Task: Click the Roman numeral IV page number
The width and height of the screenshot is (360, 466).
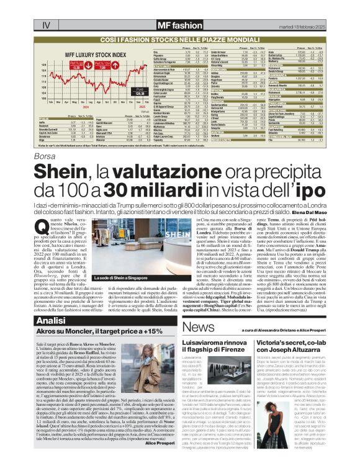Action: (45, 25)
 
